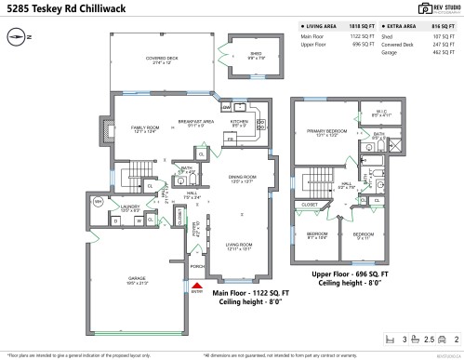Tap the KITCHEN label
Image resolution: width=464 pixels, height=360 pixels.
[239, 121]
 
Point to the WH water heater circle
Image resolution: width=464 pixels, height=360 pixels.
[99, 200]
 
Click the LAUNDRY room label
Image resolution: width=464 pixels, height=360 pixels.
[129, 207]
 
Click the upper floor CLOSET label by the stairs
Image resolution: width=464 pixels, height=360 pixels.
[310, 203]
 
